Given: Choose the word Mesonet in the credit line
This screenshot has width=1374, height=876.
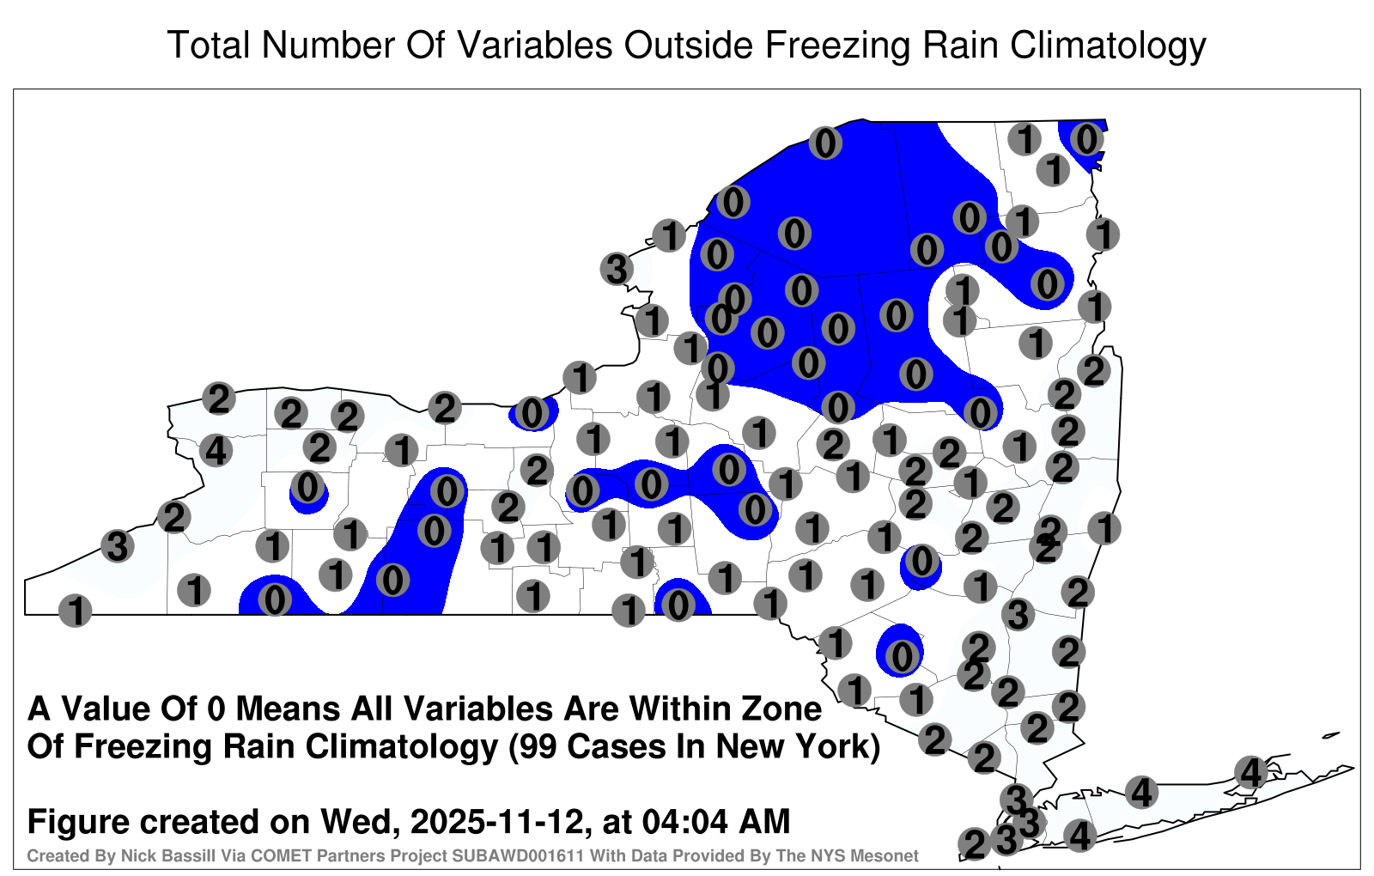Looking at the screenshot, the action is [889, 855].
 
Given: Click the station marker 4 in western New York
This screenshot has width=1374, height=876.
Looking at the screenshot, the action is [216, 451].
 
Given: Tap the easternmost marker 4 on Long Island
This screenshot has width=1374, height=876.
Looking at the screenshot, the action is [1251, 772].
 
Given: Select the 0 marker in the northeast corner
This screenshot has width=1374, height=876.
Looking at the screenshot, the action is [1087, 139].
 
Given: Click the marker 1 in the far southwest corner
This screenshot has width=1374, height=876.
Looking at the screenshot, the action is [76, 611].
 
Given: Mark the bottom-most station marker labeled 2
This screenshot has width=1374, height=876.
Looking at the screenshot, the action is [975, 844].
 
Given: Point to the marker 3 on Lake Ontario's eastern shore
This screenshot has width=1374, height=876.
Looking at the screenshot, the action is [617, 269].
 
